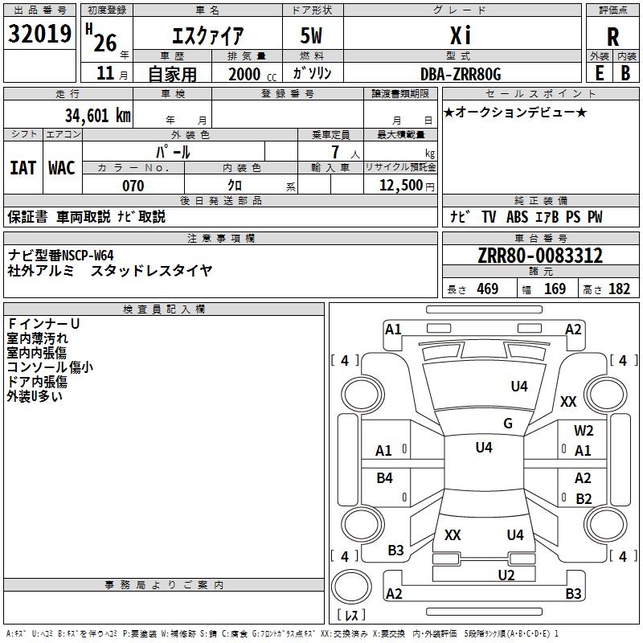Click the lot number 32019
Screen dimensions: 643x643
point(40,34)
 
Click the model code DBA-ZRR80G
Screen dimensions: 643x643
point(461,74)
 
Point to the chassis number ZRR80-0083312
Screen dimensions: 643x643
point(539,256)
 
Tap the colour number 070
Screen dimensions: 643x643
point(133,186)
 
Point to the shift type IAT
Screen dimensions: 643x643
point(23,168)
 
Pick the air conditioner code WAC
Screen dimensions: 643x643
point(62,168)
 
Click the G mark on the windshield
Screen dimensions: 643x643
point(508,424)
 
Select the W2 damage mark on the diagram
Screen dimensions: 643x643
point(584,431)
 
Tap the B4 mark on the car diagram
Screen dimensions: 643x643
point(385,478)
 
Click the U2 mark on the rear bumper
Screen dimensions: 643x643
point(506,575)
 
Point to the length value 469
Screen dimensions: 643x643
point(487,289)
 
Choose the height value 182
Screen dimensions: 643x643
point(620,289)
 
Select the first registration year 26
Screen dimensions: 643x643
point(106,35)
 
